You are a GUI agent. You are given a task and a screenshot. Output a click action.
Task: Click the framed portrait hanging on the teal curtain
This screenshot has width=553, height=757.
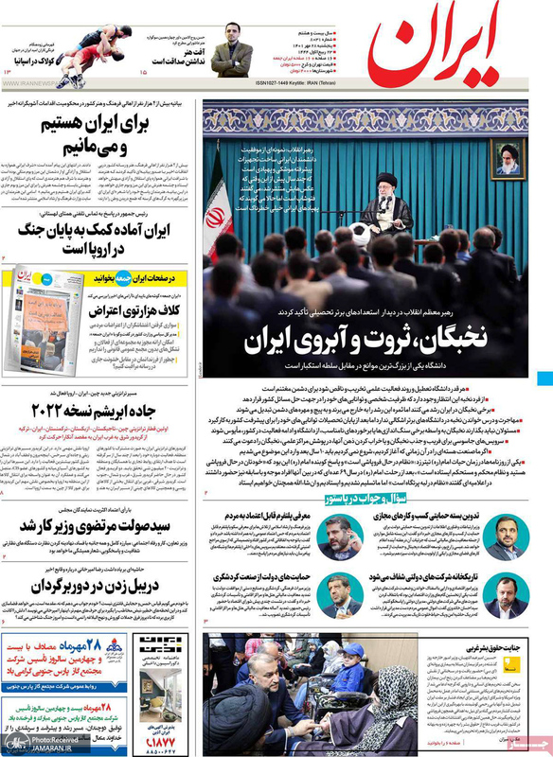click(508, 156)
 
